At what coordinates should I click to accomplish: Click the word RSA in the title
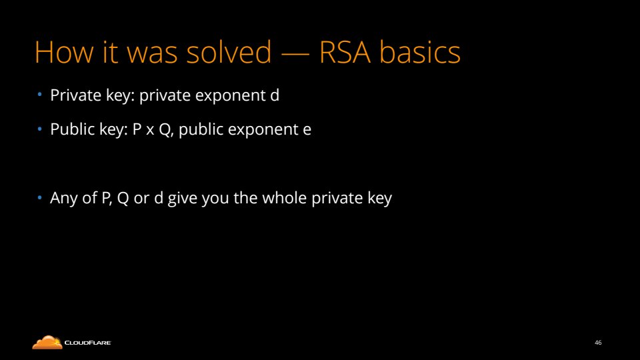345,52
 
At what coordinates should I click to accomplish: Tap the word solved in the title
229,51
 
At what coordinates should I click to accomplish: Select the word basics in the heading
420,51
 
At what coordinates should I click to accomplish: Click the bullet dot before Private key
39,95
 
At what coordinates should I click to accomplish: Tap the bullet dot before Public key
39,129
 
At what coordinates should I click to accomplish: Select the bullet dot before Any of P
39,198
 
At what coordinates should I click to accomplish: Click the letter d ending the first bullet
275,95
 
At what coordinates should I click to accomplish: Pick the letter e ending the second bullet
307,130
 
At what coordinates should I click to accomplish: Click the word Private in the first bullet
75,95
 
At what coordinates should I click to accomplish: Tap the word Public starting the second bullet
73,129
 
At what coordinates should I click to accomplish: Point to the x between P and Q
150,131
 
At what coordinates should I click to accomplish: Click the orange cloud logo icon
47,343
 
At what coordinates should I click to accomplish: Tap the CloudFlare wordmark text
88,343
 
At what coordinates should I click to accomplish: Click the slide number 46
598,343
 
